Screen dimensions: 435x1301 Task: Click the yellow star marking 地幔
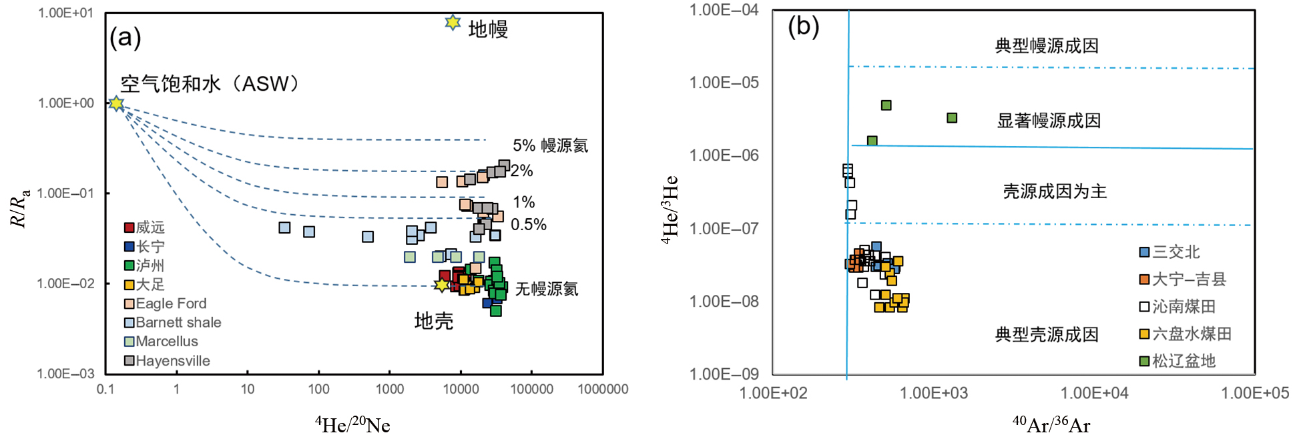(453, 23)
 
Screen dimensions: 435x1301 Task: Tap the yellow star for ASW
(117, 103)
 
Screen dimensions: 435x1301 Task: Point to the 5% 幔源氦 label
(550, 145)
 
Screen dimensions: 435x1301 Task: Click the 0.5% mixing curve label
(528, 225)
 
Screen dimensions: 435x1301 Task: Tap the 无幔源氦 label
(546, 289)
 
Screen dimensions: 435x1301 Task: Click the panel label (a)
(125, 37)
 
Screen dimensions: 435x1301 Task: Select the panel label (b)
(803, 27)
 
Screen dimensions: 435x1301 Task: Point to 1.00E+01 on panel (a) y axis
(65, 13)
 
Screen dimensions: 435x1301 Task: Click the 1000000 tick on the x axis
(602, 389)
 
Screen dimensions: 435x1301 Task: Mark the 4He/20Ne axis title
(352, 424)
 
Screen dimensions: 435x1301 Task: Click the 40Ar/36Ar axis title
(1051, 424)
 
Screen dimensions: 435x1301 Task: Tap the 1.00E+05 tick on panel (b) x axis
(1254, 393)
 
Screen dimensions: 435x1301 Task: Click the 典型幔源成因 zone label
(1046, 46)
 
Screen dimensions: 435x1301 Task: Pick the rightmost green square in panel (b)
(952, 118)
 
